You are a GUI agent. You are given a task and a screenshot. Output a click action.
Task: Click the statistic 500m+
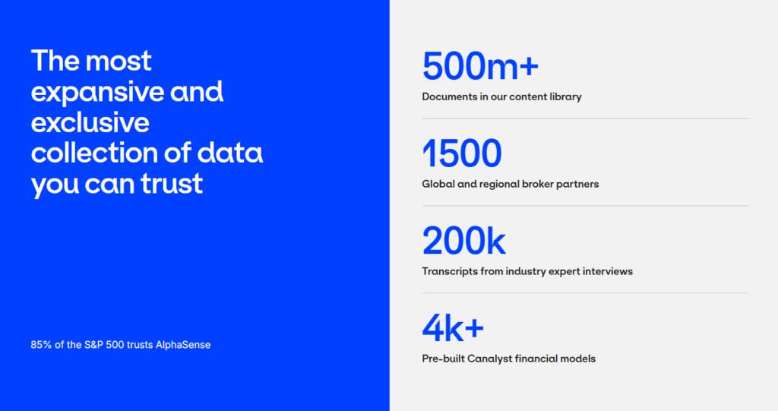tap(480, 66)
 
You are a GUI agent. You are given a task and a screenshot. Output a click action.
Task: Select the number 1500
tap(462, 154)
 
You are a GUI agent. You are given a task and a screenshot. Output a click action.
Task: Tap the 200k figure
tap(463, 242)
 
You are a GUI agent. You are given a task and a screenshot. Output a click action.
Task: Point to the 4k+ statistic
tap(453, 328)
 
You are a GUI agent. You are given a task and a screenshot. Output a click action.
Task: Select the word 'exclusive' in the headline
tap(90, 122)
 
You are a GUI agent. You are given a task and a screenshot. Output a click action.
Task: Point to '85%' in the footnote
tap(41, 345)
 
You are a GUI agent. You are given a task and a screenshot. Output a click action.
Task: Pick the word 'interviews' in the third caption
tap(607, 271)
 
